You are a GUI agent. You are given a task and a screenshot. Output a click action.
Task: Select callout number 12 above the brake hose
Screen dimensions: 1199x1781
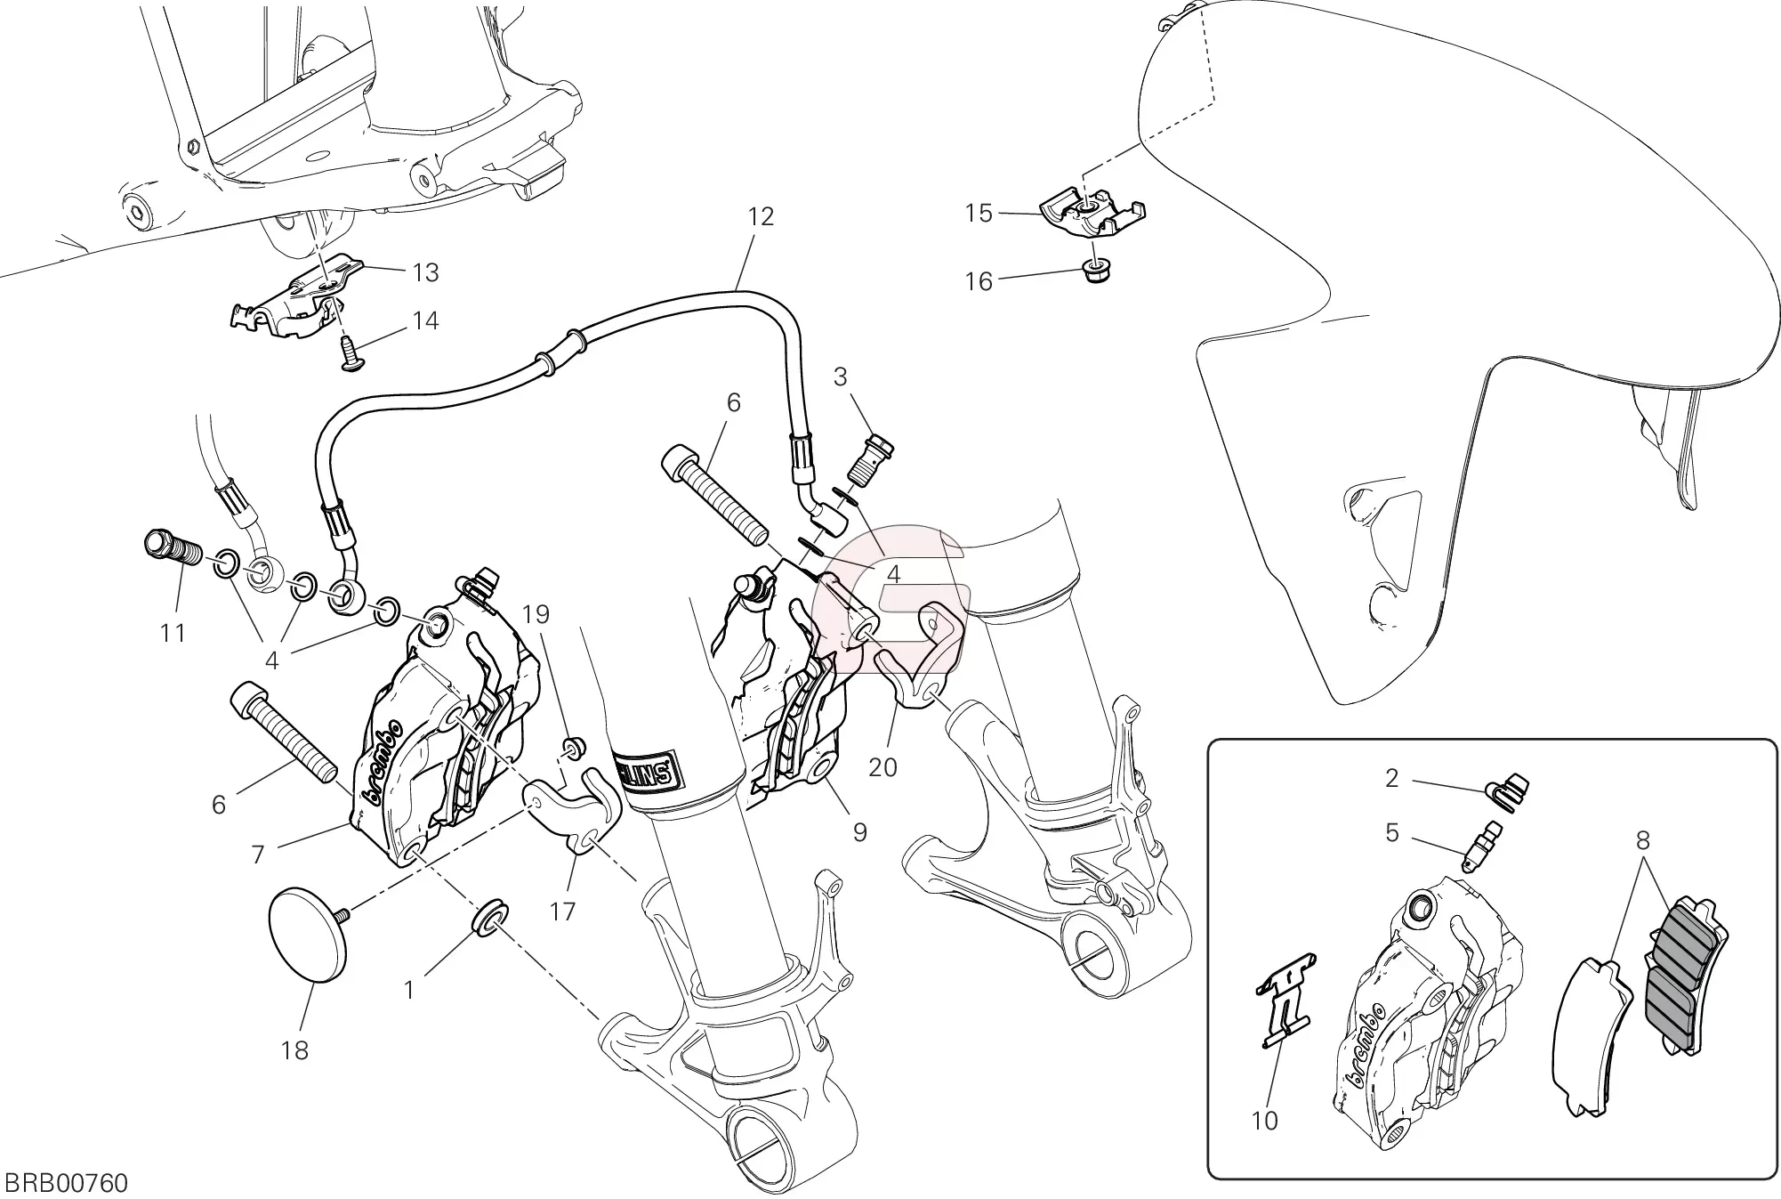[761, 216]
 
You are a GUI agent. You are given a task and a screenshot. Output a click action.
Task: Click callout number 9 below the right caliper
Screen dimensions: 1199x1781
[859, 832]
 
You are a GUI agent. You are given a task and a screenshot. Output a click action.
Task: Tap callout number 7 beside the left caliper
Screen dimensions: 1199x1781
[258, 855]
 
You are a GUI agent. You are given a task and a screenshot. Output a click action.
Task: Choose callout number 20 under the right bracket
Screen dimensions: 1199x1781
[882, 766]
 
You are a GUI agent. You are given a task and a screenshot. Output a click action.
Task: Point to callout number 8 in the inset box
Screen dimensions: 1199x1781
[1642, 840]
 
